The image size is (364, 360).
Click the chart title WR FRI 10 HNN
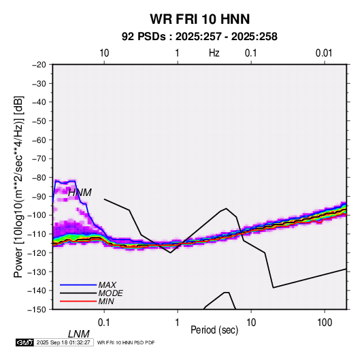(x=199, y=19)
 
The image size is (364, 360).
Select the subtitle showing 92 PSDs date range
(x=199, y=37)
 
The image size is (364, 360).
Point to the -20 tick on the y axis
(x=39, y=65)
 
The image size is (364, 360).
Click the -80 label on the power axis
(x=39, y=178)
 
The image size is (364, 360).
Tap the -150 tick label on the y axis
(x=37, y=310)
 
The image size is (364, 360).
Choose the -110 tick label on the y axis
(x=37, y=234)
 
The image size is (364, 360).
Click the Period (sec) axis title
(x=214, y=330)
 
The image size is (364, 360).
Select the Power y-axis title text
(x=18, y=187)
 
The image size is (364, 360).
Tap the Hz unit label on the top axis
(x=214, y=53)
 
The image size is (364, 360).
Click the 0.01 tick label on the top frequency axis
(x=324, y=53)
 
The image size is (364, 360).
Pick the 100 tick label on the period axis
(x=325, y=323)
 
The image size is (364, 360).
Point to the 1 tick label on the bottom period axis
(x=178, y=323)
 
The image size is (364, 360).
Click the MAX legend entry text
(x=107, y=284)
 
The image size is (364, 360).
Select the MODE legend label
(x=110, y=293)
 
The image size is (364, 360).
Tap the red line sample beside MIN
(x=78, y=301)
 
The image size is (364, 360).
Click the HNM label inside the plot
(x=80, y=193)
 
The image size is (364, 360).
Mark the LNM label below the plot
(x=79, y=334)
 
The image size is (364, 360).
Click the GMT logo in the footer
(x=25, y=342)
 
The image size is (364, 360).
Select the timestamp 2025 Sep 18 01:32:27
(x=63, y=342)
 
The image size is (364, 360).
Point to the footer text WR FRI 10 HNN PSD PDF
(x=126, y=342)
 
